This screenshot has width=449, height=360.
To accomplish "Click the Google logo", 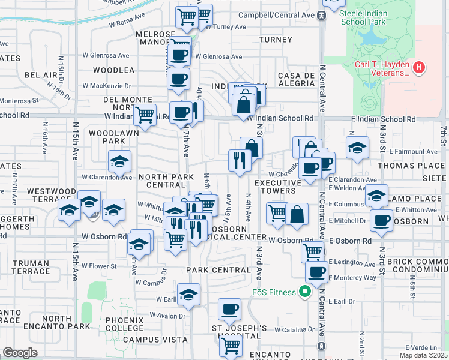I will pyautogui.click(x=20, y=353).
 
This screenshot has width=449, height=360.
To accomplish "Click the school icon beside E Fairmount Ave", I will pyautogui.click(x=357, y=148).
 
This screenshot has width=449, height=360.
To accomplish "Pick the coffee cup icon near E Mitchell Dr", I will pyautogui.click(x=381, y=220).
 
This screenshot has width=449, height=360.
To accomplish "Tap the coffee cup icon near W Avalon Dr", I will pyautogui.click(x=229, y=310).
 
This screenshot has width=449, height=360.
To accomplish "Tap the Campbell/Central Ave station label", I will pyautogui.click(x=277, y=14).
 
